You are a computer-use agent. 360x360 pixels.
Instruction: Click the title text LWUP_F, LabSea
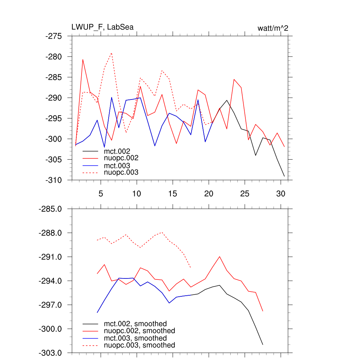pos(102,27)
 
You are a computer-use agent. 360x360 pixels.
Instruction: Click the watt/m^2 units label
pos(273,28)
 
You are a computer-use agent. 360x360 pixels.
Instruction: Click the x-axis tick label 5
pos(101,193)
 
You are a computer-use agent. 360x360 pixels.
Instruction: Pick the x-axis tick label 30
pos(281,193)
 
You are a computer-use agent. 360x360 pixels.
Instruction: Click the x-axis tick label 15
pos(173,193)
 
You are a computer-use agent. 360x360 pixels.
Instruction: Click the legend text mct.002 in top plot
pos(120,151)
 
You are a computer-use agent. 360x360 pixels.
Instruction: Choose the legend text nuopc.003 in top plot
pos(121,173)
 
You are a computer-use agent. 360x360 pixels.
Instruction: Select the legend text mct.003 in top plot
pos(120,166)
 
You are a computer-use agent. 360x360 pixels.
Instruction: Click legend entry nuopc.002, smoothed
pos(140,331)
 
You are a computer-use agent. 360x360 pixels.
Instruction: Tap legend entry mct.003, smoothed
pos(135,338)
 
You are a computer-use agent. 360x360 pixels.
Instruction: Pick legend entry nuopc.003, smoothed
pos(140,345)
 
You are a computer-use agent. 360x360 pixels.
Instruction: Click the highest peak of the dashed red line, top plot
pos(111,53)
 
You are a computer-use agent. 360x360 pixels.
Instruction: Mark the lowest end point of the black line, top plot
pos(284,176)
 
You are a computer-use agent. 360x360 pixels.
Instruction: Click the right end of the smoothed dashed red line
pos(191,268)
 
